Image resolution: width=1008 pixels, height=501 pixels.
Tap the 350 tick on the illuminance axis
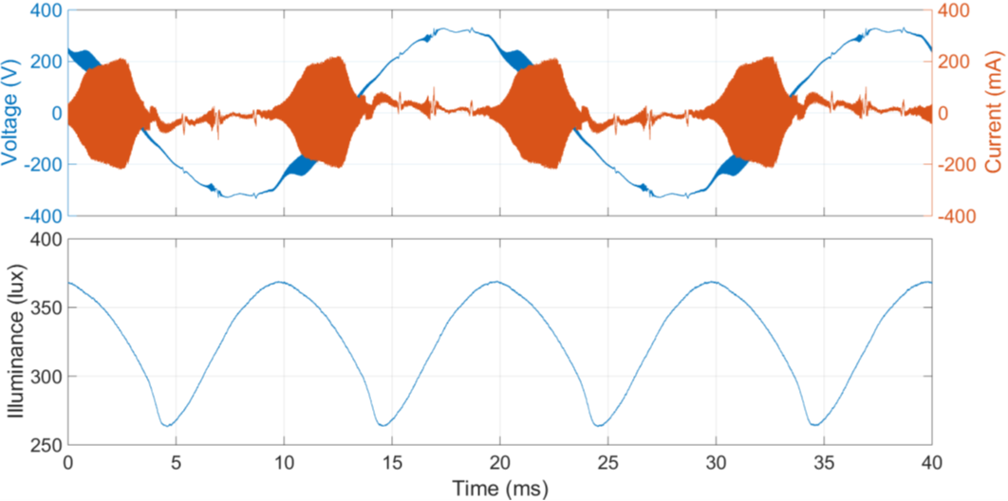tap(45, 308)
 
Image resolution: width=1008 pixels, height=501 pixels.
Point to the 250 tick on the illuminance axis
tap(45, 445)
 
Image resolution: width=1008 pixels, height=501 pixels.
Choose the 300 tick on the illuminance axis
tap(45, 377)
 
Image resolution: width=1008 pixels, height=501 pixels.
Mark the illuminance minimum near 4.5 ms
tap(165, 425)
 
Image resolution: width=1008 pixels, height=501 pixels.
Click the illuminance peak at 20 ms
tap(499, 282)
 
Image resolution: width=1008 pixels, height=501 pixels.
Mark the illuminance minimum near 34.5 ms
tap(814, 425)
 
